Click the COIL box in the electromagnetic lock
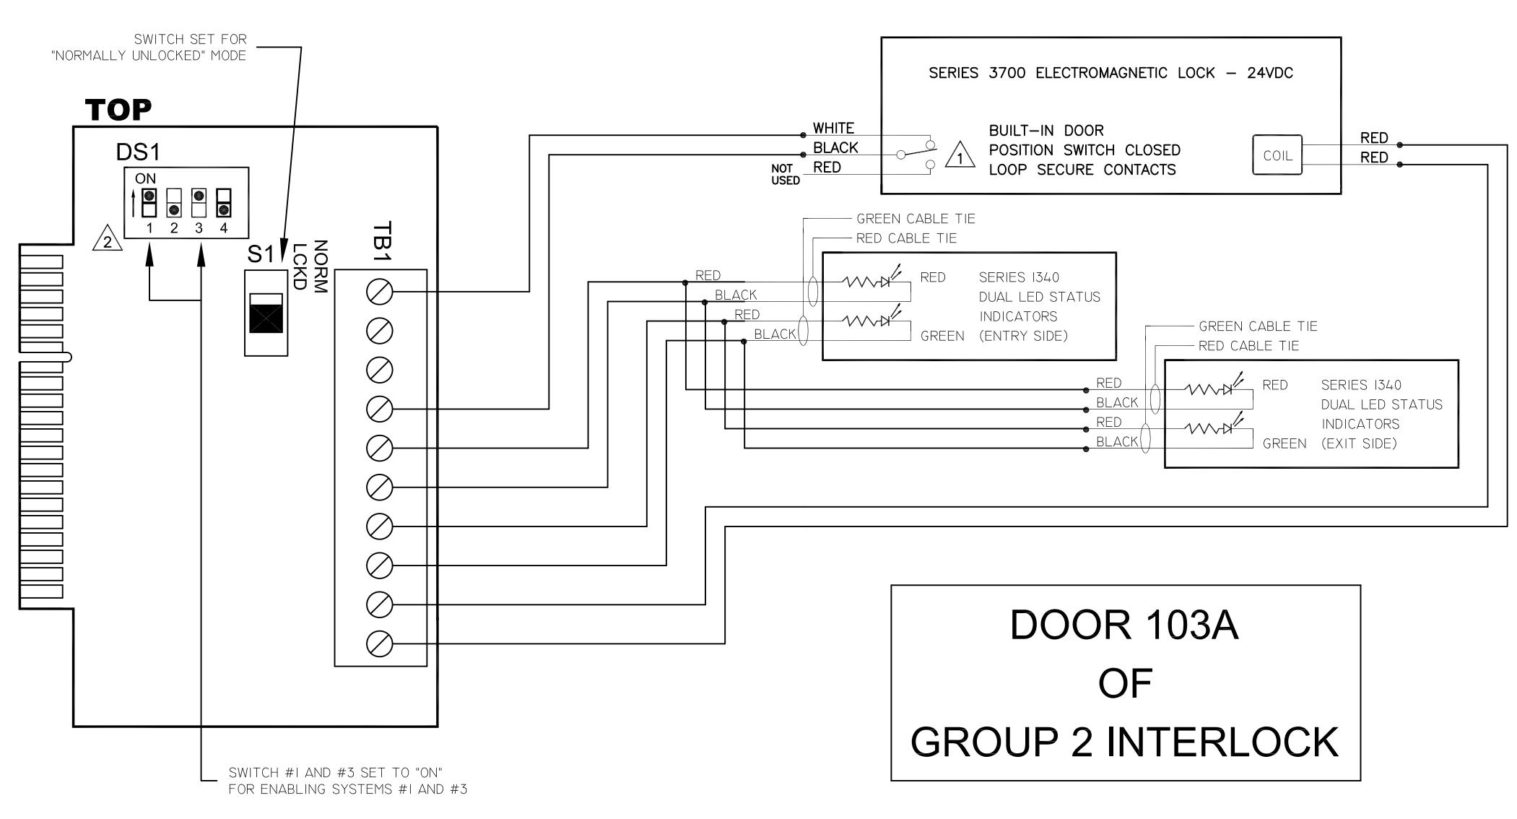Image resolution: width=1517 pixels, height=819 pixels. [x=1277, y=155]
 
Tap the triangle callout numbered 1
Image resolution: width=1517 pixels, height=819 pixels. [x=960, y=156]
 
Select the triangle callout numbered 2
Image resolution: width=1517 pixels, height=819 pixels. [x=108, y=240]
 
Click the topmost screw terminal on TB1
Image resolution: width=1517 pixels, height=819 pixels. [x=380, y=292]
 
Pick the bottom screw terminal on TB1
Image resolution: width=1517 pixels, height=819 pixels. [x=380, y=643]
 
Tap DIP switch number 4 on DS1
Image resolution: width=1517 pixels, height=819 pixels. [x=224, y=203]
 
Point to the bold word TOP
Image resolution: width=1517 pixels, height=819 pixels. [x=118, y=110]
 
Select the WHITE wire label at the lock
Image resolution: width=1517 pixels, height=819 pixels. [x=833, y=129]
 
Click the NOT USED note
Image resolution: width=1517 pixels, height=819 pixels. [x=785, y=174]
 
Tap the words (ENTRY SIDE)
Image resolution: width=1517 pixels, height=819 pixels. [x=1023, y=336]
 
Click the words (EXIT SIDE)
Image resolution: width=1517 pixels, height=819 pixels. [x=1359, y=443]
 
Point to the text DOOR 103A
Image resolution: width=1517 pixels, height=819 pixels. [x=1124, y=625]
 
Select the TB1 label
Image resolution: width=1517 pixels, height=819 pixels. [x=382, y=242]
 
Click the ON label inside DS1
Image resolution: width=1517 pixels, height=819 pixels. [x=145, y=178]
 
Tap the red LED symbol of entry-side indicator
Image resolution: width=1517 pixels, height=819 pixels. [x=885, y=282]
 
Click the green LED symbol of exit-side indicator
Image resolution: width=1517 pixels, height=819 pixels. [x=1227, y=428]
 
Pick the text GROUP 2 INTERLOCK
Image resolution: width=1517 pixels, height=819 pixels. [x=1124, y=742]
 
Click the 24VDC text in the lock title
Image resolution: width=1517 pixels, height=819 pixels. [x=1270, y=73]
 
